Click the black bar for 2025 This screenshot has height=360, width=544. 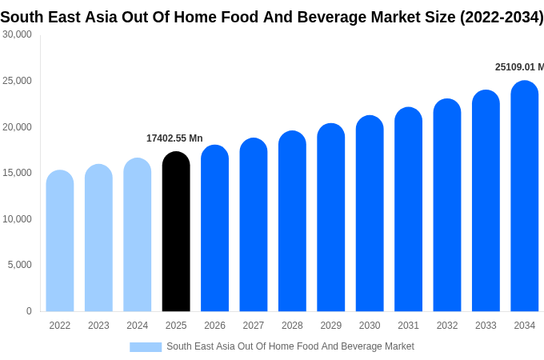tap(176, 232)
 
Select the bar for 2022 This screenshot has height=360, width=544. tap(60, 241)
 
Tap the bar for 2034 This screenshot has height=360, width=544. tap(525, 196)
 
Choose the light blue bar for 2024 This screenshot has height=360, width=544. tap(138, 234)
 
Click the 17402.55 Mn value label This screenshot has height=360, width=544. tap(174, 138)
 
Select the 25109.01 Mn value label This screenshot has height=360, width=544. tap(518, 67)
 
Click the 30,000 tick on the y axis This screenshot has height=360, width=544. tap(17, 34)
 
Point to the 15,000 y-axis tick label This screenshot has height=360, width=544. tap(17, 173)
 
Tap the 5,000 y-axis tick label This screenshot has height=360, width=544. tap(19, 265)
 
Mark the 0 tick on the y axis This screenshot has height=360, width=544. tap(29, 311)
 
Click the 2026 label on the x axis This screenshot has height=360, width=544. tap(215, 326)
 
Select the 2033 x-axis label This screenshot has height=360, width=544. tap(486, 326)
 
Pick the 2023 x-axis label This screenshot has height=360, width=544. tap(98, 326)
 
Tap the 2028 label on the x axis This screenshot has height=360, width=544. tap(292, 326)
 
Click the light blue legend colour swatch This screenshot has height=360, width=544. tap(146, 347)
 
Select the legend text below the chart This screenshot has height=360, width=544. tap(290, 346)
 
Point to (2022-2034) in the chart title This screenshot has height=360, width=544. tap(502, 17)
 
